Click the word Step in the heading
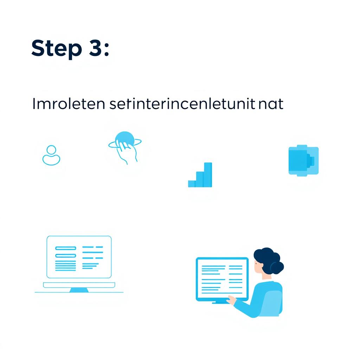(x=56, y=49)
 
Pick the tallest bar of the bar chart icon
(x=208, y=174)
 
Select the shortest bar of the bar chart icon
(x=192, y=183)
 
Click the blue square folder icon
(x=303, y=160)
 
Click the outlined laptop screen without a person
(x=79, y=257)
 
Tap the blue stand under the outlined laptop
(x=79, y=290)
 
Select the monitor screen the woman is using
(x=222, y=279)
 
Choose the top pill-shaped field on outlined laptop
(x=66, y=248)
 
